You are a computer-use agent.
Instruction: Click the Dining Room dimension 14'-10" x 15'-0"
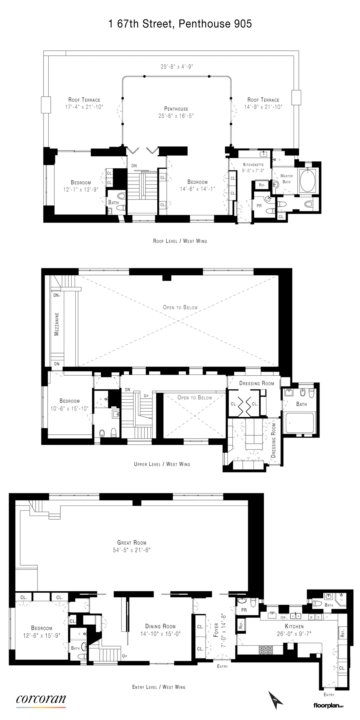pyautogui.click(x=160, y=634)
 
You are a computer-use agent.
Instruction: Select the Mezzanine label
pyautogui.click(x=57, y=324)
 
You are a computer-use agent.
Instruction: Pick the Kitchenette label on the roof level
pyautogui.click(x=253, y=165)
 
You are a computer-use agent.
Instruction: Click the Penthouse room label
pyautogui.click(x=176, y=109)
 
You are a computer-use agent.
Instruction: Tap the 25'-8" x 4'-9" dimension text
pyautogui.click(x=177, y=67)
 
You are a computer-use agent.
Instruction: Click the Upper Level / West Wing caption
pyautogui.click(x=162, y=464)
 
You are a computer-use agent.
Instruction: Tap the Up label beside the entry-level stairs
pyautogui.click(x=124, y=656)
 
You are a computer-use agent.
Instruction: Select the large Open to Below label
pyautogui.click(x=180, y=307)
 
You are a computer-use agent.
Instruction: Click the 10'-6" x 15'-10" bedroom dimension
pyautogui.click(x=69, y=409)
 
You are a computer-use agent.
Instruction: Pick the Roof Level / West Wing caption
pyautogui.click(x=180, y=241)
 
